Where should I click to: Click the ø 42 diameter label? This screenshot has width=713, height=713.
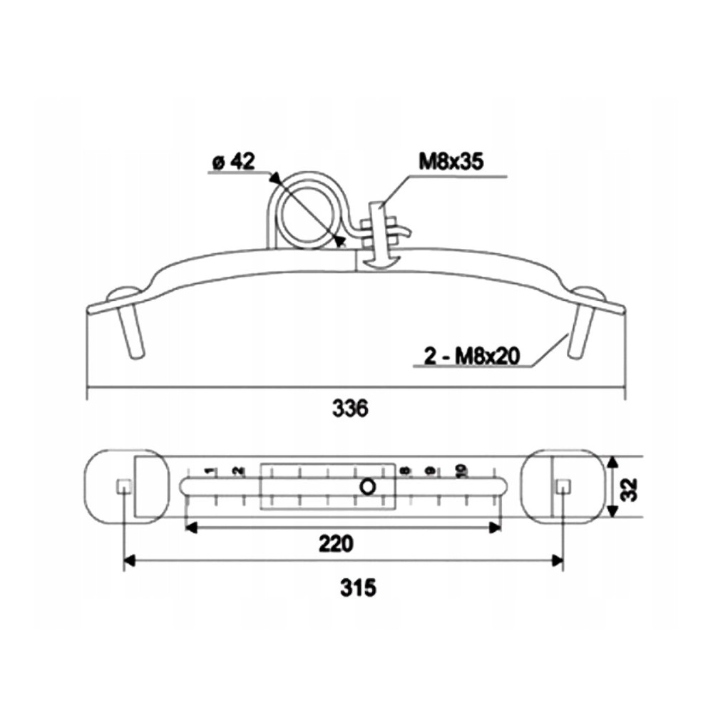coord(234,161)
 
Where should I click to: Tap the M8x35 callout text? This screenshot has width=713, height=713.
coord(451,161)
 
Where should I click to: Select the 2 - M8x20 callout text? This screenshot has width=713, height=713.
coord(471,356)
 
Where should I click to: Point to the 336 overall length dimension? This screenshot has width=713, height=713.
coord(349,409)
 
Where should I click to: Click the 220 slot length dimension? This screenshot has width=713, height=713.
coord(336,544)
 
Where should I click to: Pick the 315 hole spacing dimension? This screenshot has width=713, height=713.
coord(359,588)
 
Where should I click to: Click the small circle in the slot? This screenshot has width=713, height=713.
coord(368,487)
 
